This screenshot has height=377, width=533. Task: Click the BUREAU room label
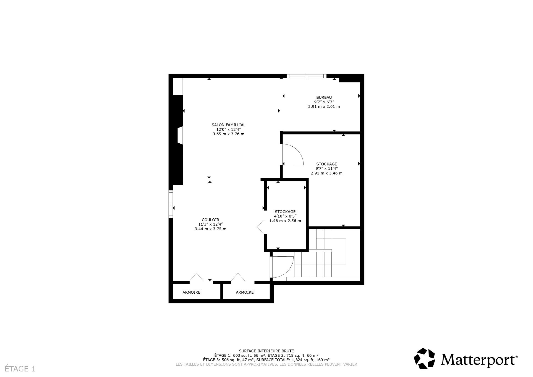point(324,98)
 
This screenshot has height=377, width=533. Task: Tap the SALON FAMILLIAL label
point(228,125)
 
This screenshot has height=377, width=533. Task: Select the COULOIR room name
point(210,220)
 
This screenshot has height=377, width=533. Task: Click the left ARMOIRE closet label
point(191,292)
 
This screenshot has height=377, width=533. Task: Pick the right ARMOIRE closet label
point(245,292)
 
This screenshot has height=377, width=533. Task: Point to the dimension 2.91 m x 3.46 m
point(326,173)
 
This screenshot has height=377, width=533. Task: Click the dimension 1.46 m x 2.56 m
point(285,221)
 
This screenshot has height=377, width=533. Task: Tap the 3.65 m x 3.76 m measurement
point(228,134)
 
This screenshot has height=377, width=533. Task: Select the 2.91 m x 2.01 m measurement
point(324,106)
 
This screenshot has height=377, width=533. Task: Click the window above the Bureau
point(306,76)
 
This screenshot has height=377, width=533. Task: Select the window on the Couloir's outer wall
point(171,204)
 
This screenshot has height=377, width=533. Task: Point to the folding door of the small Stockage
point(261,227)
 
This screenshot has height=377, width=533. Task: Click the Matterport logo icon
point(424,358)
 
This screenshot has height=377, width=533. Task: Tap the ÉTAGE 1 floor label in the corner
point(20,369)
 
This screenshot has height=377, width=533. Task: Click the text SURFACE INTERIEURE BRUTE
point(266,351)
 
